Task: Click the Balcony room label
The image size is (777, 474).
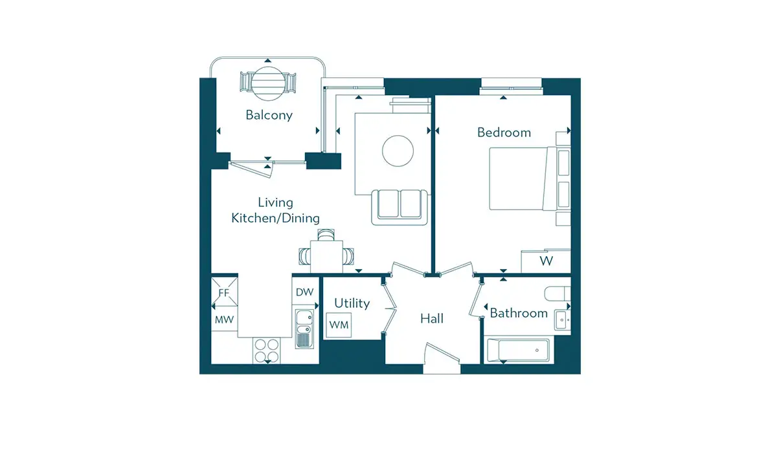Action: point(269,115)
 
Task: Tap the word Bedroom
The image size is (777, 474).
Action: point(504,133)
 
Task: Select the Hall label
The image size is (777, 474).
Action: point(431,318)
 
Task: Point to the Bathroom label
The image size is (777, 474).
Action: point(519,313)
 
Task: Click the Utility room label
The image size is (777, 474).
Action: point(352,303)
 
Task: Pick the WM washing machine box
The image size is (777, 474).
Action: point(339,325)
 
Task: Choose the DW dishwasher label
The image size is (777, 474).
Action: point(304,292)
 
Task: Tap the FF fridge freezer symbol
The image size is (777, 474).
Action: point(224,292)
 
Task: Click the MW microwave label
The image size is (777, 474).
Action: point(224,319)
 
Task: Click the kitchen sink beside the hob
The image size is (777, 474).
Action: point(303,329)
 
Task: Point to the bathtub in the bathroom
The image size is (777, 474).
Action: point(517,350)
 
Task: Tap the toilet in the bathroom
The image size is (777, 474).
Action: point(557,294)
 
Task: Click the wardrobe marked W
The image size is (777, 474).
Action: point(546,261)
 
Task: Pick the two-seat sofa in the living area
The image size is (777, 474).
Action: point(400,207)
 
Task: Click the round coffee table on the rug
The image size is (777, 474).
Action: point(398,151)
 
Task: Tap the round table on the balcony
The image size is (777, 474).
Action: point(268,83)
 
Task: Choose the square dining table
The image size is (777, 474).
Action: point(327,256)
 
